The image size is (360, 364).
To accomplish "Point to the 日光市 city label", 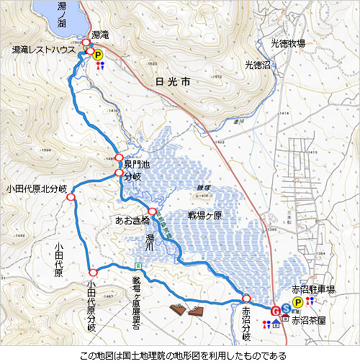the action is point(174,83).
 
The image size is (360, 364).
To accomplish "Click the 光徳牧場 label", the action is point(287,44).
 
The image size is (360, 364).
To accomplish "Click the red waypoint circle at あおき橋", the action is point(152,211).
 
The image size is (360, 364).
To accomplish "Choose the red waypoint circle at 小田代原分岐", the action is point(93,272).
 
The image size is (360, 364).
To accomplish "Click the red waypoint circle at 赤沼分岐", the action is point(246,298).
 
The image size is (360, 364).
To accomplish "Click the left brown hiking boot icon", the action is point(177,310).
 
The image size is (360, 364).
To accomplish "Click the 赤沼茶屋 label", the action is point(308,320).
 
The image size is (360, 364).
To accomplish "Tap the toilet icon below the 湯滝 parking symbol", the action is point(99,65).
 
